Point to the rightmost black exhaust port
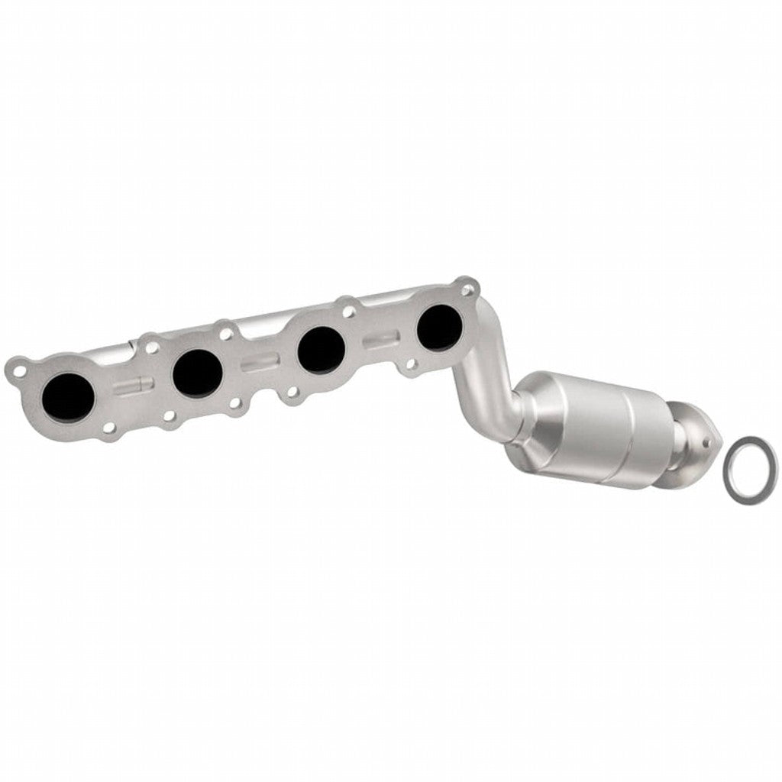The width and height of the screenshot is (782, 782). coord(440,327)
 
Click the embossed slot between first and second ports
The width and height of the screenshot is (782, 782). coord(133,384)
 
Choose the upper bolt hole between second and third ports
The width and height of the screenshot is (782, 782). coord(226,333)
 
